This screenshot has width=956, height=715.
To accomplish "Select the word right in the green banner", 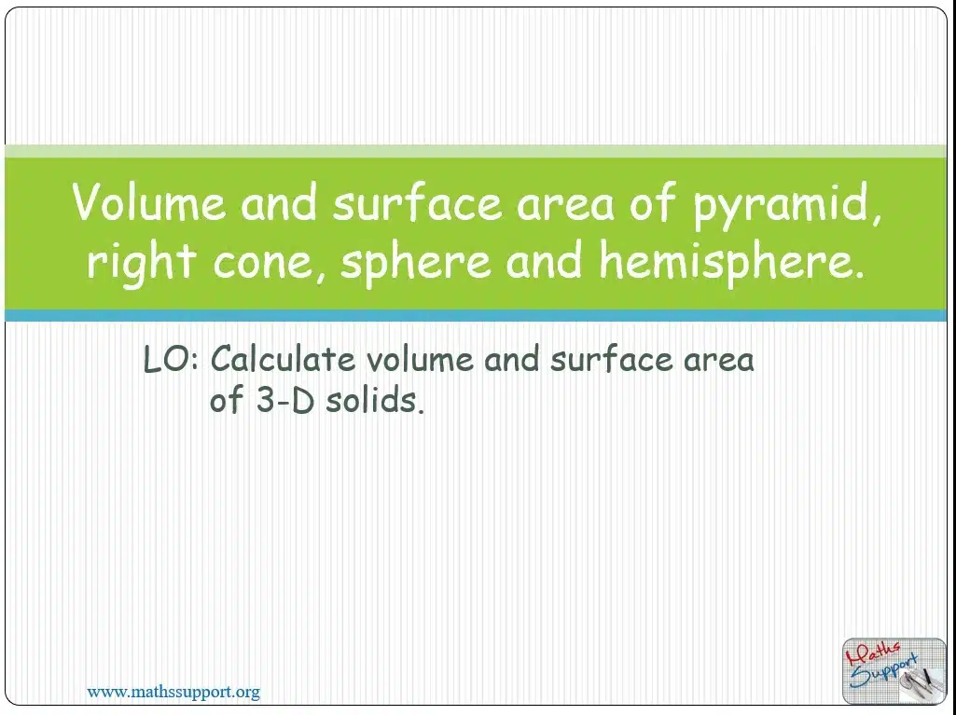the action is (x=141, y=263).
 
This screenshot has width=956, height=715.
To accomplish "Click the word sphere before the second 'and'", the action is (x=415, y=263).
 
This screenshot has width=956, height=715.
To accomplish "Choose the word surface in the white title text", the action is (x=417, y=201).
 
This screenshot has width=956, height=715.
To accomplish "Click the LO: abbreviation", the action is (x=171, y=359).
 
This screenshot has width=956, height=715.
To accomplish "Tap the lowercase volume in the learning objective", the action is (x=420, y=359).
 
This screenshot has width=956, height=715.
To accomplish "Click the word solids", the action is (x=374, y=401).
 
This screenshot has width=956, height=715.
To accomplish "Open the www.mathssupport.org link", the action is (x=173, y=692).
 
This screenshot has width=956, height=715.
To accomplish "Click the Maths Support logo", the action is (x=894, y=671).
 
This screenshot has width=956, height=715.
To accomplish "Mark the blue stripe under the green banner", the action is (x=476, y=315).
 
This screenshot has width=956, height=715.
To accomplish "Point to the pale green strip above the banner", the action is (x=476, y=151).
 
